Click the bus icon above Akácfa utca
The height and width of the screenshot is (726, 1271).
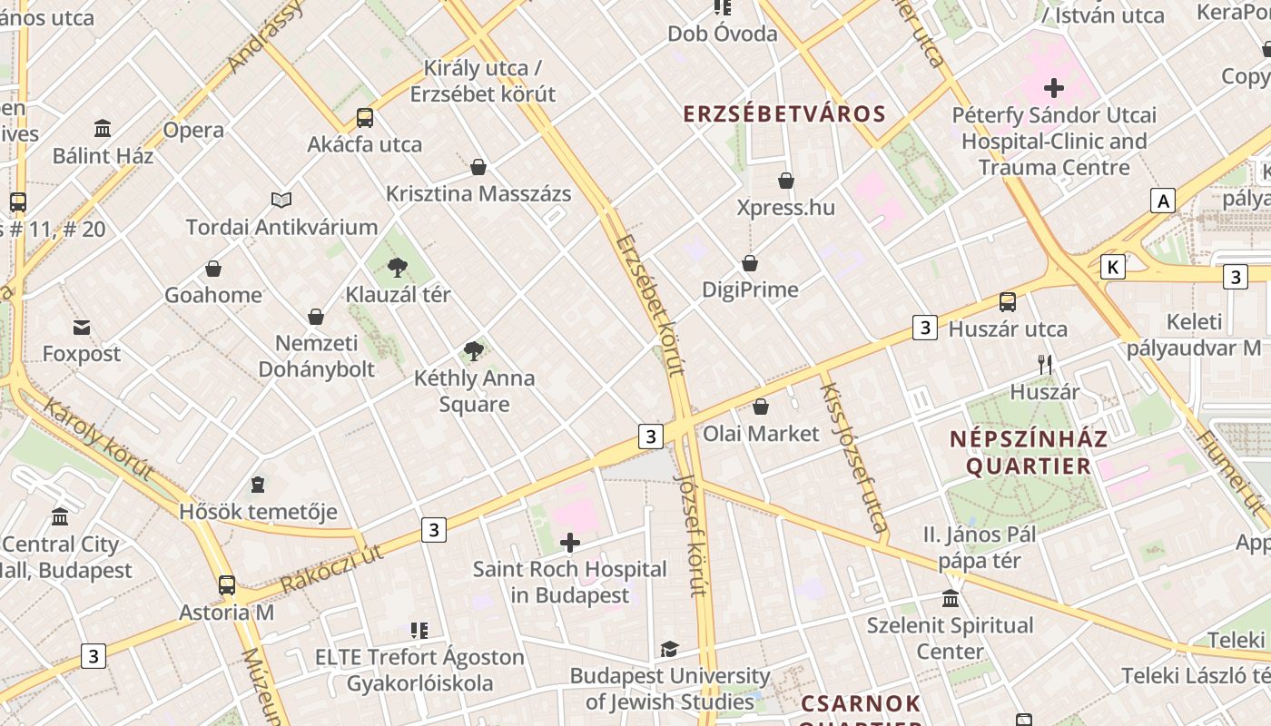point(365,117)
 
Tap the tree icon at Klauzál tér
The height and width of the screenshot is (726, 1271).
point(397,267)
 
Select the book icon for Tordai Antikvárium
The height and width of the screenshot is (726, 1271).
point(281,200)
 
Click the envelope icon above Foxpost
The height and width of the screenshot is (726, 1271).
point(82,327)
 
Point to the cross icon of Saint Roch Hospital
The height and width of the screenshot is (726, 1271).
point(570,543)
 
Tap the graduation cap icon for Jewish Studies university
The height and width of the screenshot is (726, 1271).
point(669,649)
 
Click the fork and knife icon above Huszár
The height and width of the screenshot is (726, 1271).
point(1045,365)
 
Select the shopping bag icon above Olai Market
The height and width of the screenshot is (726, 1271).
point(761,407)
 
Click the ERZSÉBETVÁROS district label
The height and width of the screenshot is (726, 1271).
point(783,114)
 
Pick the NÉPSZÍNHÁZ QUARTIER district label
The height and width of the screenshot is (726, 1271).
point(1029,453)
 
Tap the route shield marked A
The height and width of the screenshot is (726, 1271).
point(1163,201)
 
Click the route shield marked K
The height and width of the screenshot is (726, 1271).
point(1112,267)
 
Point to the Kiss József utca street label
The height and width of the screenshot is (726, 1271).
point(853,456)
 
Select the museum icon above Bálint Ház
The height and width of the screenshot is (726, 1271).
point(103,128)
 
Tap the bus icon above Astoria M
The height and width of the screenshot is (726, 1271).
point(227,585)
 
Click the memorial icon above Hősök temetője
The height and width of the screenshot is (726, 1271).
point(258,485)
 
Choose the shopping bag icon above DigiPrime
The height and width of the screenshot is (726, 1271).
point(750,263)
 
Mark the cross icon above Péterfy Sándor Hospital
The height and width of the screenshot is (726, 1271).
point(1054,88)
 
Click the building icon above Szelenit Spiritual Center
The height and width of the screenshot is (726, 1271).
point(951,598)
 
